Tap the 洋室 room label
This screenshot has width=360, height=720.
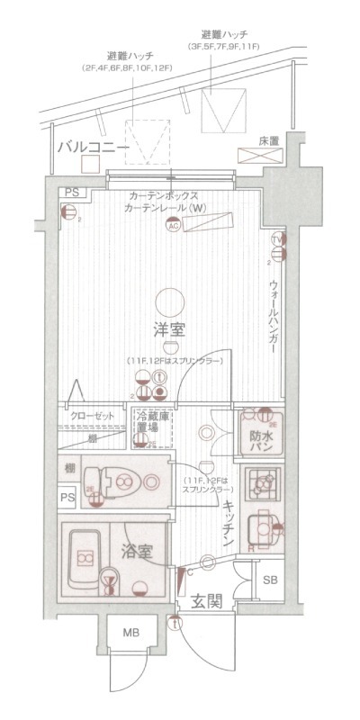[168, 329]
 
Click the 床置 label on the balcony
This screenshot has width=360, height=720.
[267, 141]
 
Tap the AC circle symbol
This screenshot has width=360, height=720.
[174, 226]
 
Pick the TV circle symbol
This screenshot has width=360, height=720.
[277, 239]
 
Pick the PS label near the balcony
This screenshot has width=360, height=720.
[70, 193]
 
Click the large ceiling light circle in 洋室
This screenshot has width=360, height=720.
[168, 300]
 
